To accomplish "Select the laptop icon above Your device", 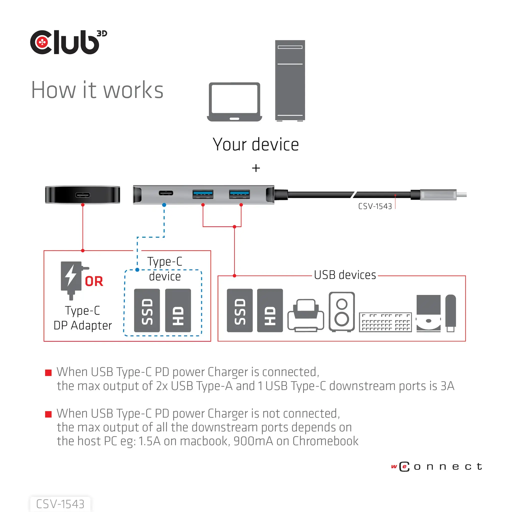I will point(234,102).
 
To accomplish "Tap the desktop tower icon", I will point(290,80).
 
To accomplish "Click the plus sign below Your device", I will point(256,168).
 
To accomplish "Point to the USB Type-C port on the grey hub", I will point(166,193).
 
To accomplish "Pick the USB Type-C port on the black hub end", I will point(82,195).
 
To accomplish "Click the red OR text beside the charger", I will point(94,281).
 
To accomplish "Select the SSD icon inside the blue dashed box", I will point(147,310).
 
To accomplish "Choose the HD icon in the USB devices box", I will point(270,310).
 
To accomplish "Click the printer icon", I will point(305,315).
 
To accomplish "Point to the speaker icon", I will point(341,312).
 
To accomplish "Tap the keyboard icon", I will point(385,322).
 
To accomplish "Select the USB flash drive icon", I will point(450,313).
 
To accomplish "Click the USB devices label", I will point(345,275).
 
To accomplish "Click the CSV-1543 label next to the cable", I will point(375,206).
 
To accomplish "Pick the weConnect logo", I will point(436,466).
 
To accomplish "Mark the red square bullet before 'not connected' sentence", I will point(48,414).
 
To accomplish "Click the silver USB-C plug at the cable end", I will point(438,195).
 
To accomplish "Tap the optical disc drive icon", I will point(428,313).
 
